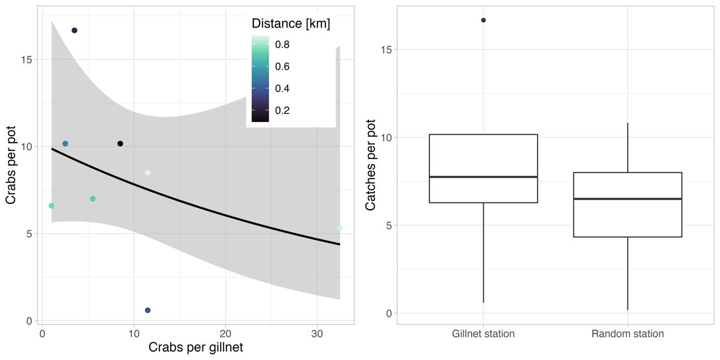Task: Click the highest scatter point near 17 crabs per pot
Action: click(74, 31)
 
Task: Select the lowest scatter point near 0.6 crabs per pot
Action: click(148, 310)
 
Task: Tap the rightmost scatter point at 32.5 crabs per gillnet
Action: click(340, 228)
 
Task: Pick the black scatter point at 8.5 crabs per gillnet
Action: click(120, 144)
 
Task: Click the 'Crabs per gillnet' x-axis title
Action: click(196, 347)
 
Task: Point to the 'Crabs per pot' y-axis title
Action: click(11, 165)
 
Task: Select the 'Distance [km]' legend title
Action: click(291, 23)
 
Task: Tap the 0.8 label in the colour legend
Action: click(282, 45)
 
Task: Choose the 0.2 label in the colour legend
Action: click(282, 110)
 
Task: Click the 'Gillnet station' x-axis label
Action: click(483, 334)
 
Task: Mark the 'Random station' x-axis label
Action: click(627, 334)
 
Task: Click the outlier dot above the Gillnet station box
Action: click(483, 20)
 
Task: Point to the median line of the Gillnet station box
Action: click(483, 177)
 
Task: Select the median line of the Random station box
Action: click(627, 199)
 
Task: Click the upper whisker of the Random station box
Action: click(627, 148)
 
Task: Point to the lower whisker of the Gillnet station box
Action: click(483, 252)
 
